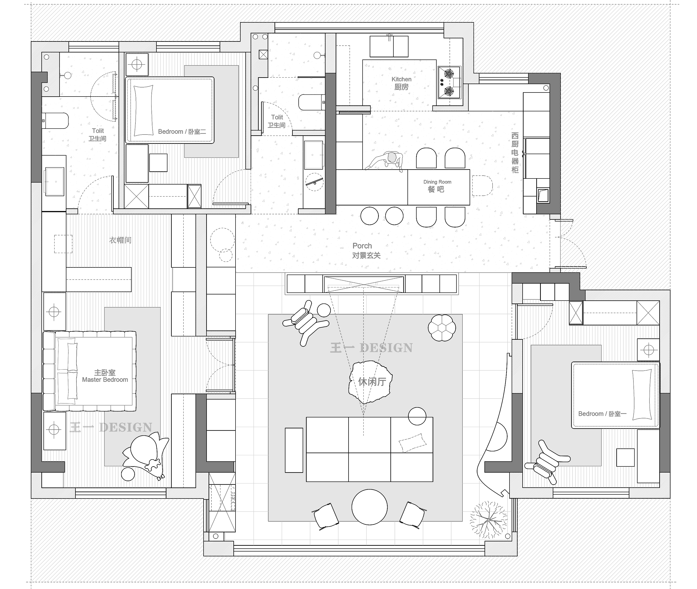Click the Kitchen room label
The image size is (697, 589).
coord(401,83)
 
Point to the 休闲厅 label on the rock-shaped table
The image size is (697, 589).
coord(372,382)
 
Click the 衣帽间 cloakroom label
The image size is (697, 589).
coord(120,240)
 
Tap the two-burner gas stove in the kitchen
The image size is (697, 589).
coord(449,82)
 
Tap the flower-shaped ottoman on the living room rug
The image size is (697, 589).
coord(442,328)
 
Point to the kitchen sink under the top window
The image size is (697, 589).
coord(389,46)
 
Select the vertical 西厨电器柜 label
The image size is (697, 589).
coord(515,153)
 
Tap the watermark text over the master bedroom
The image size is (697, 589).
coord(111,427)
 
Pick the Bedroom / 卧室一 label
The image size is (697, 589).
coord(602,414)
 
